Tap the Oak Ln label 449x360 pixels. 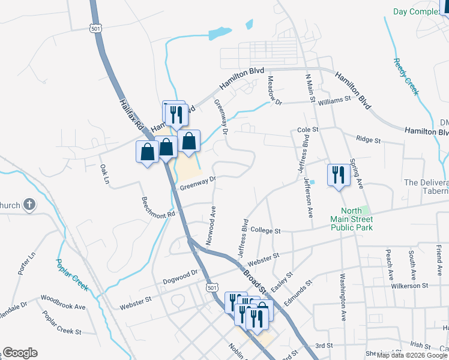(105, 174)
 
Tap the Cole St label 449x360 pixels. (307, 130)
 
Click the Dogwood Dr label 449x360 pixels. (180, 277)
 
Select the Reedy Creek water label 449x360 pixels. (406, 76)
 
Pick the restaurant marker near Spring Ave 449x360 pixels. (338, 175)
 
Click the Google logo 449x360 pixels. (20, 353)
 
